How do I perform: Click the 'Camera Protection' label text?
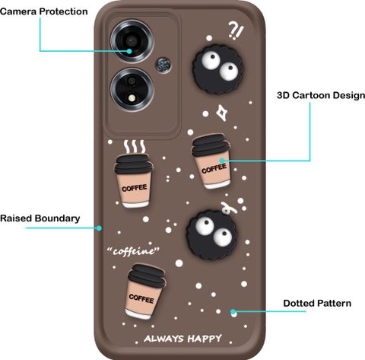pyautogui.click(x=44, y=11)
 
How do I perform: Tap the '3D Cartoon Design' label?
pyautogui.click(x=321, y=95)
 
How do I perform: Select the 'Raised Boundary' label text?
pyautogui.click(x=40, y=218)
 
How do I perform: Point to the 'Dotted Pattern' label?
pyautogui.click(x=317, y=303)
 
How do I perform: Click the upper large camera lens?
pyautogui.click(x=132, y=41)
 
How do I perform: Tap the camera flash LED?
pyautogui.click(x=132, y=97)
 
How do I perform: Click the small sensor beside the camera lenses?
pyautogui.click(x=163, y=65)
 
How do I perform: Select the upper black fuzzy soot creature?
pyautogui.click(x=218, y=69)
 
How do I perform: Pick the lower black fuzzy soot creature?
pyautogui.click(x=212, y=234)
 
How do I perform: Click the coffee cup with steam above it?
pyautogui.click(x=134, y=181)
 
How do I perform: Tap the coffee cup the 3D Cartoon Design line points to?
pyautogui.click(x=211, y=161)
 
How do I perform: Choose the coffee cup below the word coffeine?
pyautogui.click(x=145, y=292)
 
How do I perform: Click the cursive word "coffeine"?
pyautogui.click(x=133, y=251)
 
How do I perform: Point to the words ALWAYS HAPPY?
pyautogui.click(x=182, y=339)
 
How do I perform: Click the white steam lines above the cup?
pyautogui.click(x=135, y=146)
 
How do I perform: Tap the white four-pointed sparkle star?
pyautogui.click(x=222, y=113)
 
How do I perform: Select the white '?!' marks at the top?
pyautogui.click(x=236, y=30)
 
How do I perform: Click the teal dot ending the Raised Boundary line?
pyautogui.click(x=100, y=228)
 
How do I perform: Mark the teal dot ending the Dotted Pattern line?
pyautogui.click(x=233, y=311)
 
